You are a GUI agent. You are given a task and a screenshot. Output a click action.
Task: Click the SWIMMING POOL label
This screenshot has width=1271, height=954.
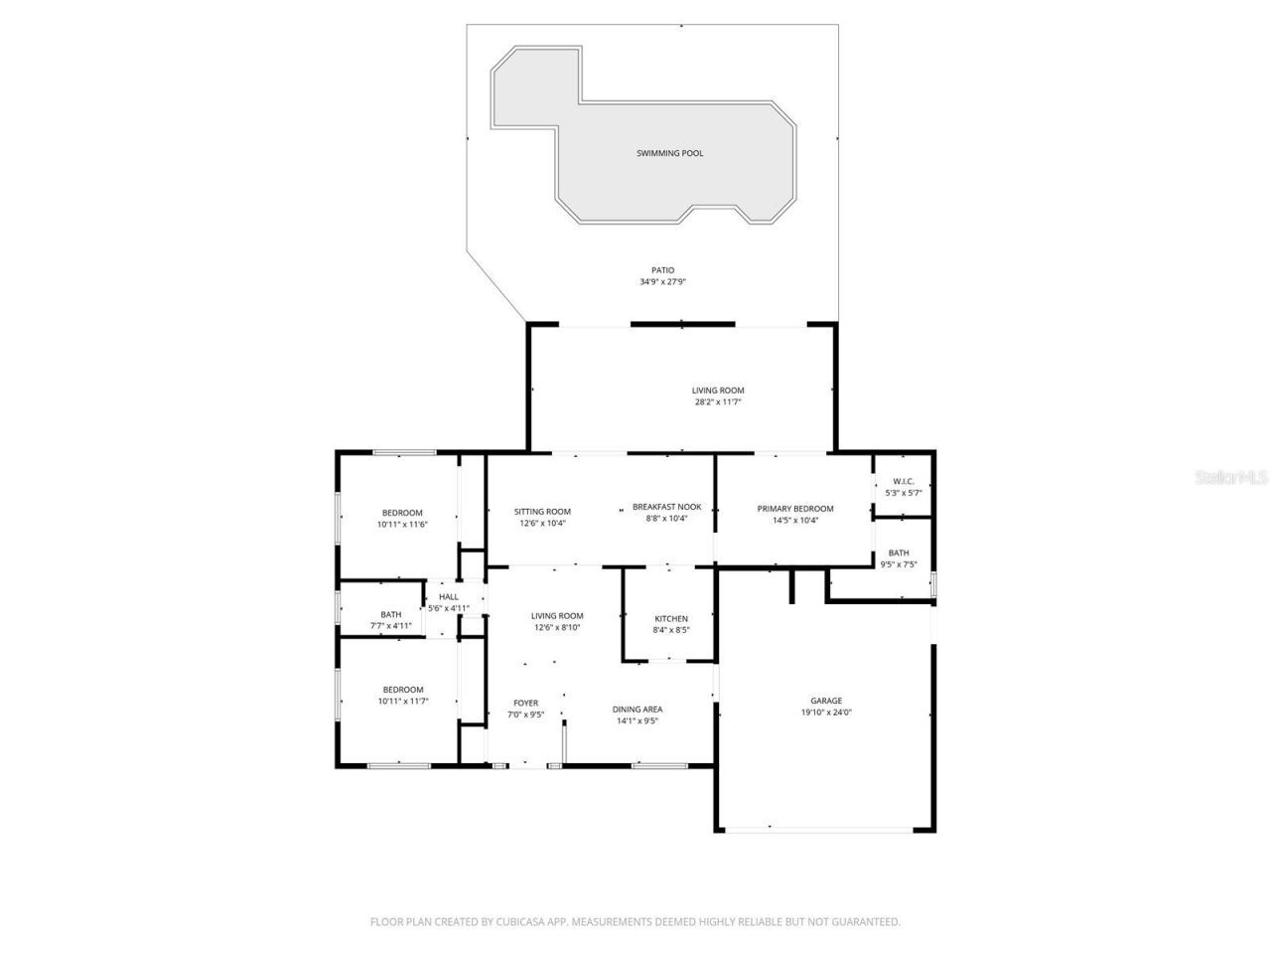pos(670,153)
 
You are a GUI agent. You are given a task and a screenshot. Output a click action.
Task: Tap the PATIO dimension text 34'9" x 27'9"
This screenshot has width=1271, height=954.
pos(662,282)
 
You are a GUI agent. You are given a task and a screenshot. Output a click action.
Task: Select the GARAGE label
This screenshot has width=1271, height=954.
pos(826,701)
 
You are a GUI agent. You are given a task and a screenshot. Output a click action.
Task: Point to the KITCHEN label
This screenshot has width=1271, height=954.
pos(671,619)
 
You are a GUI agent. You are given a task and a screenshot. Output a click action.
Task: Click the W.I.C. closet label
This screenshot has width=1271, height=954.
pos(903,482)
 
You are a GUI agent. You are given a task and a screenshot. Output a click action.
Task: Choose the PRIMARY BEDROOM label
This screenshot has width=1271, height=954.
pos(795,509)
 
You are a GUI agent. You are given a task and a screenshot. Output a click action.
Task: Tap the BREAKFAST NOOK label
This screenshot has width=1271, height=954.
pos(667,507)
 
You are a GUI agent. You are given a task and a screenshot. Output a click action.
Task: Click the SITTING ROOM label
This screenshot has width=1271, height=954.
pos(542,512)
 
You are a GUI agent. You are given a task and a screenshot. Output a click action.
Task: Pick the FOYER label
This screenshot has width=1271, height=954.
pos(525,703)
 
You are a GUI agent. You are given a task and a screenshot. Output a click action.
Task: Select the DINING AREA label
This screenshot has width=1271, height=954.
pos(637,710)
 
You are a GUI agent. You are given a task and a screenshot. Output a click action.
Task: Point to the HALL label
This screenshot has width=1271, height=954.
pos(448,597)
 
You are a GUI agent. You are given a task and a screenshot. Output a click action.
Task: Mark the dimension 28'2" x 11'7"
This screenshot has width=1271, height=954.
pos(718,401)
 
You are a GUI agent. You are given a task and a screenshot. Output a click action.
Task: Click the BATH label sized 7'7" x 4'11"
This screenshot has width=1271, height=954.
pos(390,614)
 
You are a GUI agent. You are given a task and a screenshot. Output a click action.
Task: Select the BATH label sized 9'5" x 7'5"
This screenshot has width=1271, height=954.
pos(899,554)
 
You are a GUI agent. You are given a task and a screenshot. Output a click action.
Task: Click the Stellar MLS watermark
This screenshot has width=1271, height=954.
pos(1231,477)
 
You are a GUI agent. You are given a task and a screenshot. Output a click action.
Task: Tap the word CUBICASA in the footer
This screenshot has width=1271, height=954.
pos(524,922)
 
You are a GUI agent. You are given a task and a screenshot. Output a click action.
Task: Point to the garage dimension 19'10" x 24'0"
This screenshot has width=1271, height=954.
pos(826,712)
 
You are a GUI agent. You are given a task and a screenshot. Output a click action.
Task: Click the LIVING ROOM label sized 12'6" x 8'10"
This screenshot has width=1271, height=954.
pos(557,616)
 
